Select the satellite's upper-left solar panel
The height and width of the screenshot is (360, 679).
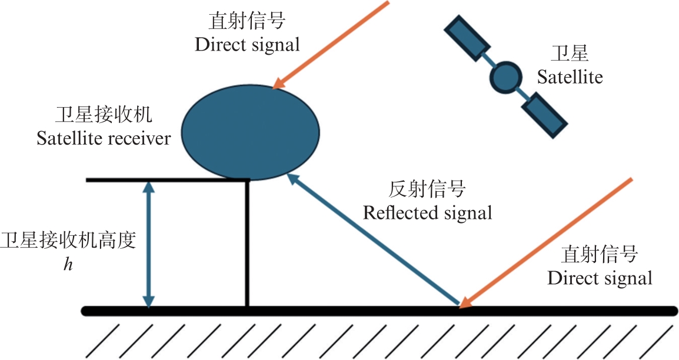click(x=467, y=39)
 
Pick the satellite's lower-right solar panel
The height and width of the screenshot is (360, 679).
click(x=545, y=115)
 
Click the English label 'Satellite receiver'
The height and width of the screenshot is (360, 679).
click(x=104, y=139)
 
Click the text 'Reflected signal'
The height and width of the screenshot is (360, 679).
click(x=427, y=212)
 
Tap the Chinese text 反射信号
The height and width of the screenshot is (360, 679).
click(x=428, y=189)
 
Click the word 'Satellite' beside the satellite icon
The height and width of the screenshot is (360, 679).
click(x=570, y=77)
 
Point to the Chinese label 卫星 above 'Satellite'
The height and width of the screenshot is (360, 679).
click(x=570, y=55)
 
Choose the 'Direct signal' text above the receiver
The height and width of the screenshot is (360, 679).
click(x=248, y=45)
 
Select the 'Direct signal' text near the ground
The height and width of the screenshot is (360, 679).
click(x=600, y=278)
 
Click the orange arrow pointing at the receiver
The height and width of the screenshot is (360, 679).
click(x=332, y=45)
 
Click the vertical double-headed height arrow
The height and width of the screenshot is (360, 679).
click(x=149, y=244)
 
